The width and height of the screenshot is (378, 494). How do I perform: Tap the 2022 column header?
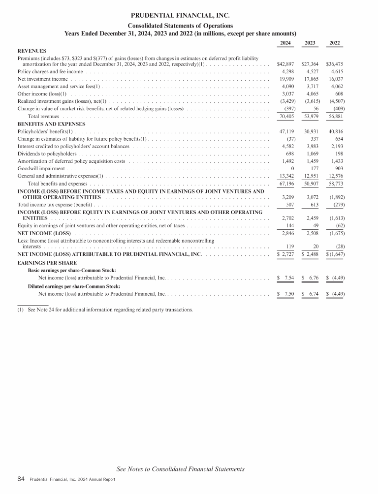(335, 43)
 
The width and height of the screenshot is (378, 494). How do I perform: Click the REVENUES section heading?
(32, 50)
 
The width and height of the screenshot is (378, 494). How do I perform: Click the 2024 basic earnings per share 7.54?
(285, 278)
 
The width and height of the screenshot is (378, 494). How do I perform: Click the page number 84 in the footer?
(21, 479)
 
